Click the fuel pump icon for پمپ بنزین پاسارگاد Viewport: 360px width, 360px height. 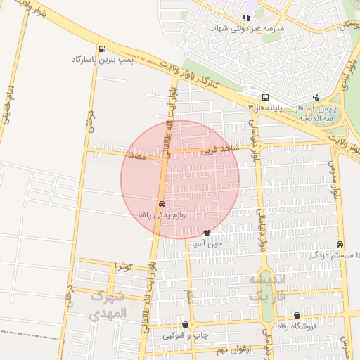tap(103, 49)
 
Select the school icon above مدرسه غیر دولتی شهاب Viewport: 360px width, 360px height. tap(246, 18)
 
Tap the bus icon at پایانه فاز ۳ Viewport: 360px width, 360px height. tap(265, 97)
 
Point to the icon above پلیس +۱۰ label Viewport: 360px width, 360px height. tap(316, 98)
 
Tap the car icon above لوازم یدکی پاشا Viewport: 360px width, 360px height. tap(162, 204)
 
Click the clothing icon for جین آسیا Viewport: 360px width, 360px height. tap(207, 233)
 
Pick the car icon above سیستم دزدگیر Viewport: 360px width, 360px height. tap(340, 244)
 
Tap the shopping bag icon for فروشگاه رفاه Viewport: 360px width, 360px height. tap(297, 316)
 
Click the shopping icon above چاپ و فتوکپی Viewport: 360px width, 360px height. tap(185, 325)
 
